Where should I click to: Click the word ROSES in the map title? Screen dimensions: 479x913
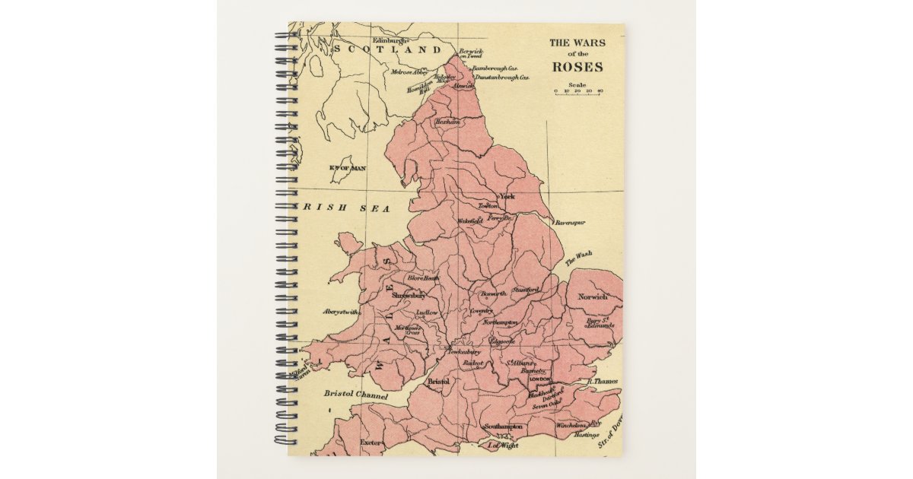[577, 66]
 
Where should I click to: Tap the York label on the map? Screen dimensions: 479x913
[507, 196]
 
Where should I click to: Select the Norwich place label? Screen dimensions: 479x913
[593, 297]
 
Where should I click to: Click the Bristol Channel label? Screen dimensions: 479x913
[355, 395]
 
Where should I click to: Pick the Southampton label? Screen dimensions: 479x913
[503, 427]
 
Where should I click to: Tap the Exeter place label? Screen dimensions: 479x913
[371, 441]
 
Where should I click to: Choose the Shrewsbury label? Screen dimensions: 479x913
[409, 295]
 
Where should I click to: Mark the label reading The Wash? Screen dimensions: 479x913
[579, 258]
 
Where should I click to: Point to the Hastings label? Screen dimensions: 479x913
[587, 435]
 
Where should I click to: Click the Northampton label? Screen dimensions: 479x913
[500, 322]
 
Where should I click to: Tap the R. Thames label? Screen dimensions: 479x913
[603, 381]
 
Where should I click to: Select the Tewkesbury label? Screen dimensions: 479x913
[463, 352]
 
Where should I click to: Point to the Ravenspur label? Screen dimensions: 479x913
[569, 223]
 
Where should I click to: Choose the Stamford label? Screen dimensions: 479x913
[525, 290]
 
